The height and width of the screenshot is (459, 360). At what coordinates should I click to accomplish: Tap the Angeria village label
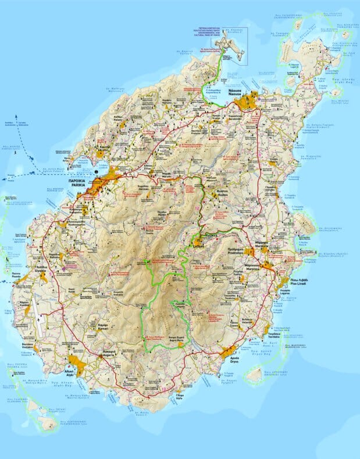click(106, 356)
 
